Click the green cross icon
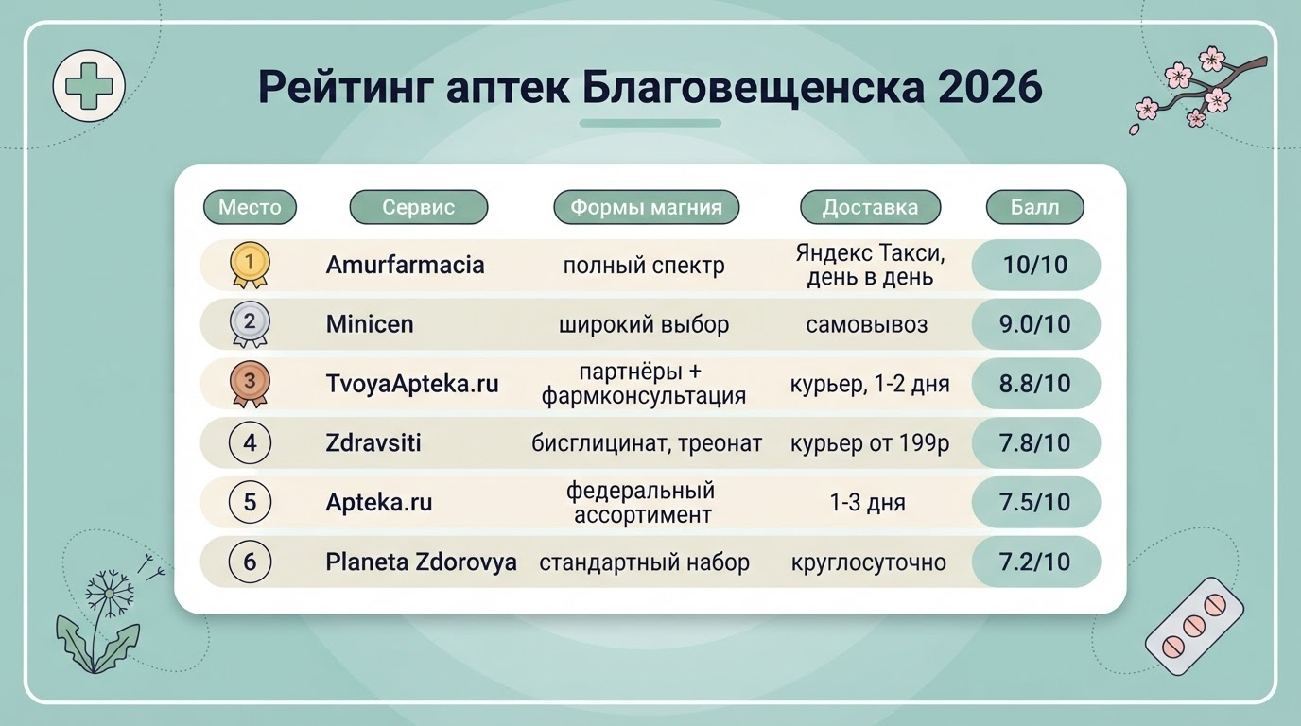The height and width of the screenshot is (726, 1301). click(89, 86)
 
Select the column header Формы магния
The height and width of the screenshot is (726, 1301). click(647, 207)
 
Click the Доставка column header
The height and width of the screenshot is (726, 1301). click(870, 207)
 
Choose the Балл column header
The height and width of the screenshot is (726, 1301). click(1035, 207)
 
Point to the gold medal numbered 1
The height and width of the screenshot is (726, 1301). click(250, 265)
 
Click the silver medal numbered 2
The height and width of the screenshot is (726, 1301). click(250, 324)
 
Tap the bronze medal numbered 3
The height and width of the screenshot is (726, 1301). click(250, 384)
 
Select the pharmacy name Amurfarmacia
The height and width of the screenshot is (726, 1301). click(405, 265)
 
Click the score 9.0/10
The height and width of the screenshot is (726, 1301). click(1035, 324)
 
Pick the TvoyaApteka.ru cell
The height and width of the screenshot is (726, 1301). click(412, 384)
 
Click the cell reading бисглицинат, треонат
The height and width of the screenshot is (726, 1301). click(647, 443)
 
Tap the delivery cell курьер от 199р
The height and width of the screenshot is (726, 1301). click(870, 443)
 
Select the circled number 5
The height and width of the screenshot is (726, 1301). click(250, 502)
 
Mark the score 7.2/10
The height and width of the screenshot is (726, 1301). click(1035, 562)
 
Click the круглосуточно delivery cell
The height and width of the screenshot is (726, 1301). click(868, 562)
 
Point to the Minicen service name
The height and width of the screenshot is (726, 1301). click(370, 324)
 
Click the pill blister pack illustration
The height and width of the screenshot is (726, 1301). click(1195, 626)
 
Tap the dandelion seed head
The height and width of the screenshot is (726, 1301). click(109, 594)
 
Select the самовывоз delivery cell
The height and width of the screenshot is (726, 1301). click(867, 324)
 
